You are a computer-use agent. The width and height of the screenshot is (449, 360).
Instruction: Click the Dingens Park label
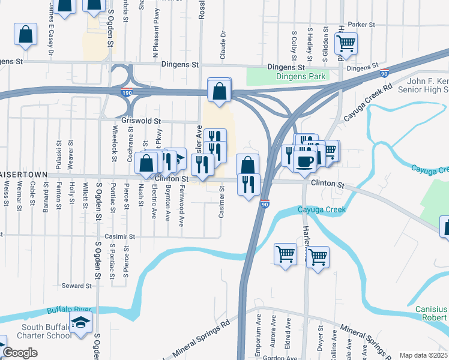(x=301, y=76)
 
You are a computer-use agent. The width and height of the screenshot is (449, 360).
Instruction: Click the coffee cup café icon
(x=305, y=161)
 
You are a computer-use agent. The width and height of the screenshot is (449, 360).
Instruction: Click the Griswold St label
(x=141, y=121)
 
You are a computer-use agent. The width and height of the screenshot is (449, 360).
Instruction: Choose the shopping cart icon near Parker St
(x=346, y=43)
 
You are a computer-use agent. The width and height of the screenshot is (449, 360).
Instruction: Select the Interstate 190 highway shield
(x=127, y=93)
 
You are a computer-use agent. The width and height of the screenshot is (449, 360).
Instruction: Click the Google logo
(x=20, y=353)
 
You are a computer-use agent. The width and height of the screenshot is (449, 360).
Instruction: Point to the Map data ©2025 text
(x=423, y=355)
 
